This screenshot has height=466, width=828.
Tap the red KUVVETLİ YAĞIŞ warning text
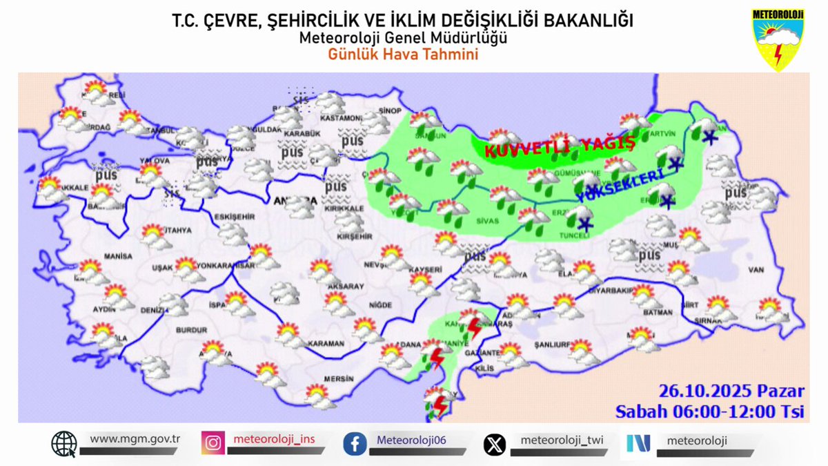pyautogui.click(x=559, y=147)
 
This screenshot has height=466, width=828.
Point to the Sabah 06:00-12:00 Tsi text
pyautogui.click(x=711, y=412)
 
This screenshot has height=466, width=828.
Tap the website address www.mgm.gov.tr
pyautogui.click(x=135, y=438)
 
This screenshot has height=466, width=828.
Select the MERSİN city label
pyautogui.click(x=339, y=379)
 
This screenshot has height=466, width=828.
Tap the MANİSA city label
pyautogui.click(x=118, y=256)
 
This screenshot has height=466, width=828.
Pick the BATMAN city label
pyautogui.click(x=657, y=313)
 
